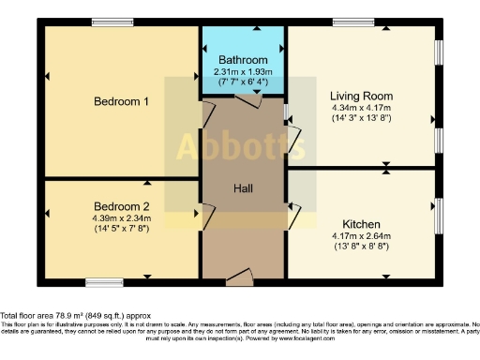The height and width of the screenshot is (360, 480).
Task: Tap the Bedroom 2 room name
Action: click(122, 206)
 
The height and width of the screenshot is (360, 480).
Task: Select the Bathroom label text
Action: click(243, 59)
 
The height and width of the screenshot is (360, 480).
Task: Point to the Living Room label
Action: click(361, 96)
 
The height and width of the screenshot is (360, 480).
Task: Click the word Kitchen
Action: click(361, 225)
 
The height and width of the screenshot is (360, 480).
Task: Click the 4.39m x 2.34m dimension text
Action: click(122, 218)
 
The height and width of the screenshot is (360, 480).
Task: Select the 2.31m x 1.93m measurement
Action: click(243, 70)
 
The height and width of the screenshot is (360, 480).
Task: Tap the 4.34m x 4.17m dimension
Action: click(361, 107)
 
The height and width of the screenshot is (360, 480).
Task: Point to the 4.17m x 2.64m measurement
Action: click(361, 237)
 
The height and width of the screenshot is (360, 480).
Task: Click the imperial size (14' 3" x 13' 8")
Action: click(361, 118)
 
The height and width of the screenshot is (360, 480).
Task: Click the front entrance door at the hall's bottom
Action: click(241, 276)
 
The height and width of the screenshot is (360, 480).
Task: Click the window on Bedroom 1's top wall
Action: click(105, 22)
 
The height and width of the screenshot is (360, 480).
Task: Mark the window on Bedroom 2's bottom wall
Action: click(97, 281)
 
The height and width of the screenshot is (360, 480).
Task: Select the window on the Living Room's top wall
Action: click(350, 22)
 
